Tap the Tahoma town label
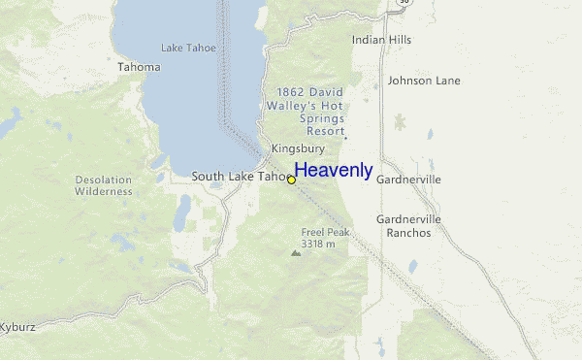tap(139, 67)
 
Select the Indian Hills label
tap(381, 40)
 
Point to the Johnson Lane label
tap(424, 81)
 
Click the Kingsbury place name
tap(298, 148)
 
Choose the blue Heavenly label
tap(334, 170)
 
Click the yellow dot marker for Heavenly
tap(291, 180)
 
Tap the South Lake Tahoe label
tap(238, 177)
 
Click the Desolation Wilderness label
tap(103, 185)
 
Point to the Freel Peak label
tap(325, 232)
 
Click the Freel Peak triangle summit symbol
tap(296, 252)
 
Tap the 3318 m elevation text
tap(318, 245)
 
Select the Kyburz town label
tap(17, 327)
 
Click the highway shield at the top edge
tap(401, 4)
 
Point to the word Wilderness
tap(103, 191)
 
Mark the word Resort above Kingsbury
tap(325, 130)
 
